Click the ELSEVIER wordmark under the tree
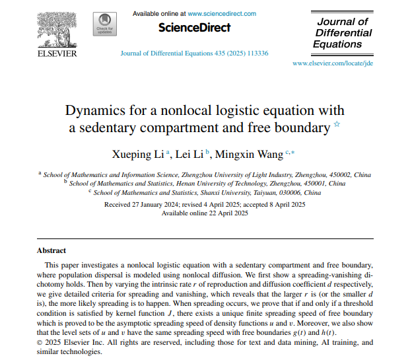pos(57,54)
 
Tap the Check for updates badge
pos(106,24)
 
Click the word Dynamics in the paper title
pos(97,110)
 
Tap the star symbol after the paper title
pos(337,125)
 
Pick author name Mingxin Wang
pos(252,154)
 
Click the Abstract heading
pos(51,251)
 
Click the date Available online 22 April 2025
pos(205,213)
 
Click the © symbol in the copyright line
pos(40,343)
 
